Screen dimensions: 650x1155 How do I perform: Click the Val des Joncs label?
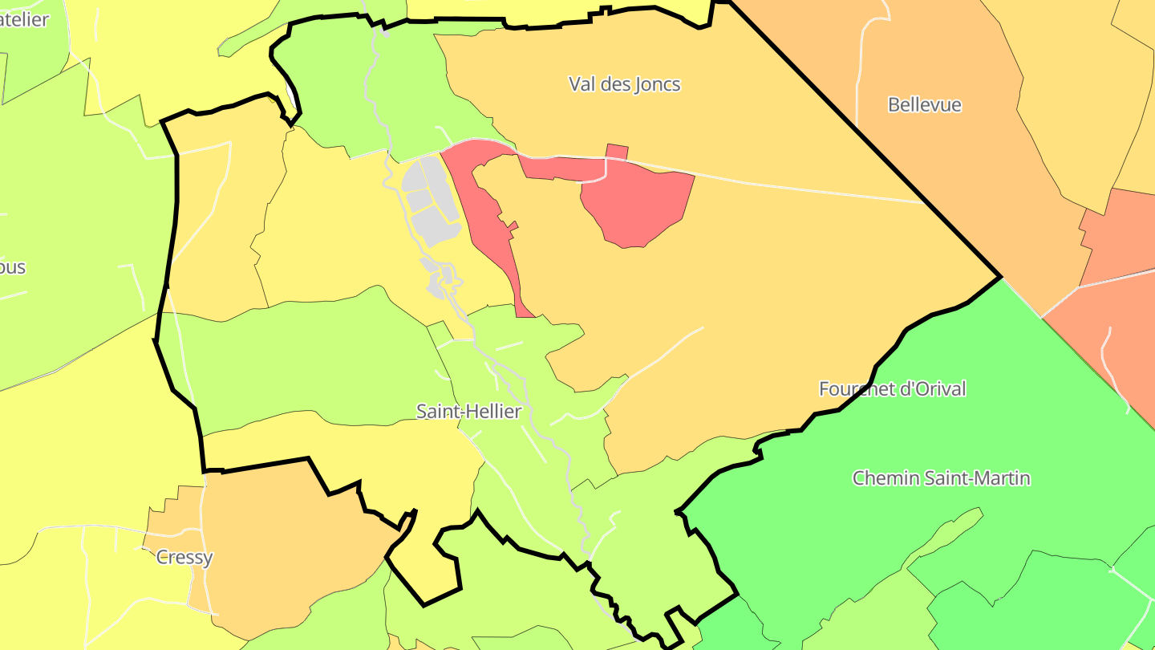[x=624, y=84]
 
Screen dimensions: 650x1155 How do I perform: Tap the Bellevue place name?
[x=924, y=105]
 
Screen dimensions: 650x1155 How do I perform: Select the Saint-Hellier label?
[x=468, y=412]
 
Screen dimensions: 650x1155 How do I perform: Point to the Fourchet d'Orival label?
[x=892, y=389]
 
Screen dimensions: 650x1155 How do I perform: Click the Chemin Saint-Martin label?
[x=941, y=478]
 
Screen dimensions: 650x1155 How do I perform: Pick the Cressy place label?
[x=184, y=557]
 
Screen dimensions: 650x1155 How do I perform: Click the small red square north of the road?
[x=617, y=152]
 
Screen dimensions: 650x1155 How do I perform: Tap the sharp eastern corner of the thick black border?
[x=1000, y=277]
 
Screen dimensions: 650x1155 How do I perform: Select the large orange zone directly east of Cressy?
[x=289, y=546]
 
